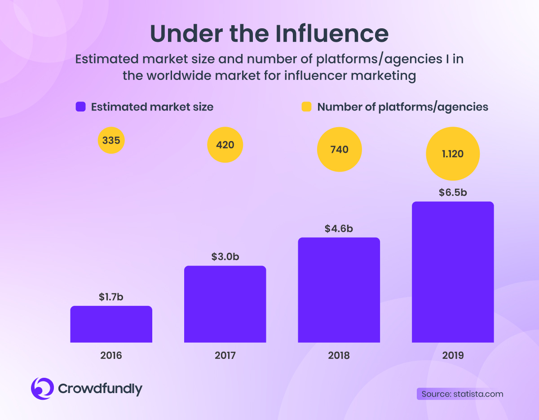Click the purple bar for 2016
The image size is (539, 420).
pyautogui.click(x=111, y=324)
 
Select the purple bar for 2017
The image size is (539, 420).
pyautogui.click(x=225, y=304)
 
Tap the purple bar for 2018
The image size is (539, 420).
pyautogui.click(x=339, y=290)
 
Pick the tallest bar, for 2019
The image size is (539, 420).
pyautogui.click(x=453, y=272)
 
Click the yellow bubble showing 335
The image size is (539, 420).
pyautogui.click(x=111, y=141)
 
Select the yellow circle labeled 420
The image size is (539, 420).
pyautogui.click(x=225, y=145)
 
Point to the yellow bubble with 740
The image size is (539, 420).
pyautogui.click(x=339, y=149)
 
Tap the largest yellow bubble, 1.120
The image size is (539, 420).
pyautogui.click(x=453, y=154)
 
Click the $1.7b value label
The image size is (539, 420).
pyautogui.click(x=111, y=297)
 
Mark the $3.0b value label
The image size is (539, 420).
pyautogui.click(x=225, y=257)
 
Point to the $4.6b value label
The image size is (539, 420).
pyautogui.click(x=339, y=229)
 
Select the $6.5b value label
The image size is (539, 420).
pyautogui.click(x=453, y=193)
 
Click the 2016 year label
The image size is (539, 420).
pyautogui.click(x=111, y=355)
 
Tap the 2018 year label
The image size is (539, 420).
pyautogui.click(x=339, y=355)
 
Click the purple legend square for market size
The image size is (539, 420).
pyautogui.click(x=80, y=106)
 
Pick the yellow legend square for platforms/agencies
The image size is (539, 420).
pyautogui.click(x=306, y=106)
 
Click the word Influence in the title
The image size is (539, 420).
pyautogui.click(x=332, y=34)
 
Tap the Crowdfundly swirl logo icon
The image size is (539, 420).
pyautogui.click(x=42, y=389)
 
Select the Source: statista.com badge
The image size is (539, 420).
pyautogui.click(x=460, y=394)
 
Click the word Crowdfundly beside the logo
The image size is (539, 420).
pyautogui.click(x=100, y=389)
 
